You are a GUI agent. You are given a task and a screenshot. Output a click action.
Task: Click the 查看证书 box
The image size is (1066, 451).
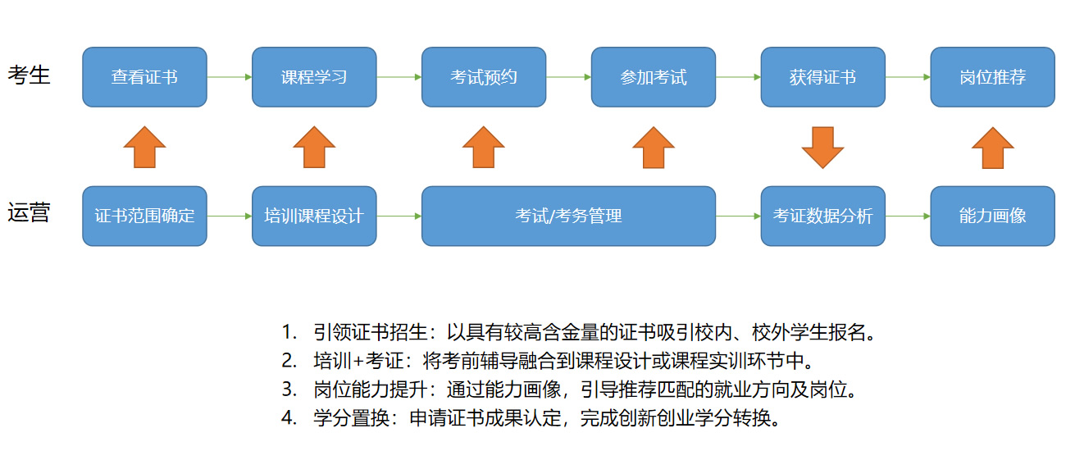(x=144, y=77)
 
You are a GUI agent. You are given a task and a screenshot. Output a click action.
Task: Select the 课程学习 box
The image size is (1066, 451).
(x=314, y=77)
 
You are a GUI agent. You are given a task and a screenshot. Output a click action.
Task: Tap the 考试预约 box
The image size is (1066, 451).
(x=484, y=77)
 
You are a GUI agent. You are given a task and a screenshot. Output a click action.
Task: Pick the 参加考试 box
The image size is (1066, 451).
(x=654, y=77)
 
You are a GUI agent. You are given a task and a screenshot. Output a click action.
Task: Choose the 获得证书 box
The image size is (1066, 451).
(x=822, y=77)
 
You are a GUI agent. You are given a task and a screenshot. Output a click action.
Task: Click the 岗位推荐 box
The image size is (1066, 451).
(x=992, y=77)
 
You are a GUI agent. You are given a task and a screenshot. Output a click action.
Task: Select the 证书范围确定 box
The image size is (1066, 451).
(x=144, y=216)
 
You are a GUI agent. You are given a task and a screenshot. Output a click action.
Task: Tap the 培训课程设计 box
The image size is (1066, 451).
(x=314, y=216)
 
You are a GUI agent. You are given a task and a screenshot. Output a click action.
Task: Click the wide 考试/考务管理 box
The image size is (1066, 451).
(x=568, y=216)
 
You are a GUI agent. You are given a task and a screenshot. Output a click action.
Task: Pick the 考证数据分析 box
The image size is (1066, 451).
(x=822, y=216)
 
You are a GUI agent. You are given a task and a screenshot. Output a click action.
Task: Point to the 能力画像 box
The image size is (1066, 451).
(x=992, y=216)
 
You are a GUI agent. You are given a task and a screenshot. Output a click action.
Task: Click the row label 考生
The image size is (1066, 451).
(x=30, y=75)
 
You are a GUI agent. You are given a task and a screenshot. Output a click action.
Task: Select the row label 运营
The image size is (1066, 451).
(x=30, y=213)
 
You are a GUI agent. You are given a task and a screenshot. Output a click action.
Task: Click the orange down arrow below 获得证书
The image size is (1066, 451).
(x=822, y=148)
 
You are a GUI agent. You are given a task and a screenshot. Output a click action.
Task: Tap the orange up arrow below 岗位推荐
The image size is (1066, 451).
(x=992, y=148)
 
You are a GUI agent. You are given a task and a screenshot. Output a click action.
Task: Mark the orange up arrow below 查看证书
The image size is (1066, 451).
(x=144, y=148)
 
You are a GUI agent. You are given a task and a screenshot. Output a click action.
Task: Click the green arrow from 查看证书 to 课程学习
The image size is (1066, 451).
(x=230, y=77)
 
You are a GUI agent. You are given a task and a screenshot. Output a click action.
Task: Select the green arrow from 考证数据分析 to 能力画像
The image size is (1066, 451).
(x=908, y=216)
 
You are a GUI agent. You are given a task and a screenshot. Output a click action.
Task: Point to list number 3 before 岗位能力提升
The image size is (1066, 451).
(x=288, y=389)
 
